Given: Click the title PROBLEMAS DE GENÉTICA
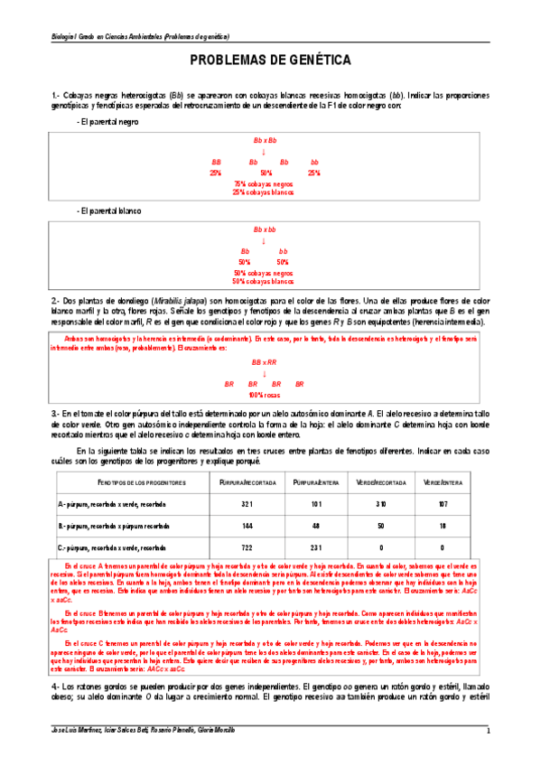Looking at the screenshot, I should [x=270, y=61].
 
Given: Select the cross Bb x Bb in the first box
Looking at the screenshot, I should [x=265, y=141].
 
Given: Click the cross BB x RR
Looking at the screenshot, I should [x=264, y=360].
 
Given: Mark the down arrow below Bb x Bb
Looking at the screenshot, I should [x=264, y=152].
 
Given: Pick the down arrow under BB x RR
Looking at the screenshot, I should [x=264, y=372].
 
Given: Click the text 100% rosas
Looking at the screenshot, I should [x=264, y=395].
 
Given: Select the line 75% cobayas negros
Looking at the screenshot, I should [x=264, y=183].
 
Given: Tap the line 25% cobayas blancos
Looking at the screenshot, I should [x=264, y=192].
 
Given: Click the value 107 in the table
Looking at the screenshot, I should [x=442, y=503].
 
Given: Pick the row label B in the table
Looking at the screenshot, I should [x=60, y=525].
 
